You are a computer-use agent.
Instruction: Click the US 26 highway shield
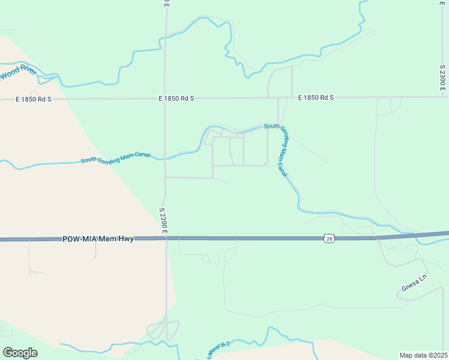coord(329,239)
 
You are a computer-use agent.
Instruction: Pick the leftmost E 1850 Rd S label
coord(33,98)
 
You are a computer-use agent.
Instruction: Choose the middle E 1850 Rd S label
coord(176,98)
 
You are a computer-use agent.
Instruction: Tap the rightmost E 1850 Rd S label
coord(315,97)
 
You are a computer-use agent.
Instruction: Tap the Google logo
coord(20,353)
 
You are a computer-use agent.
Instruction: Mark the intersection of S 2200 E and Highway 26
coord(166,239)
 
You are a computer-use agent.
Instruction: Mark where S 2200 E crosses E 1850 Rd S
coord(166,98)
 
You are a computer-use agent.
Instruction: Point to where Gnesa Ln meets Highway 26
coord(377,238)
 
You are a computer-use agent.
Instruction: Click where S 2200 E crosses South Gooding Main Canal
coord(166,159)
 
